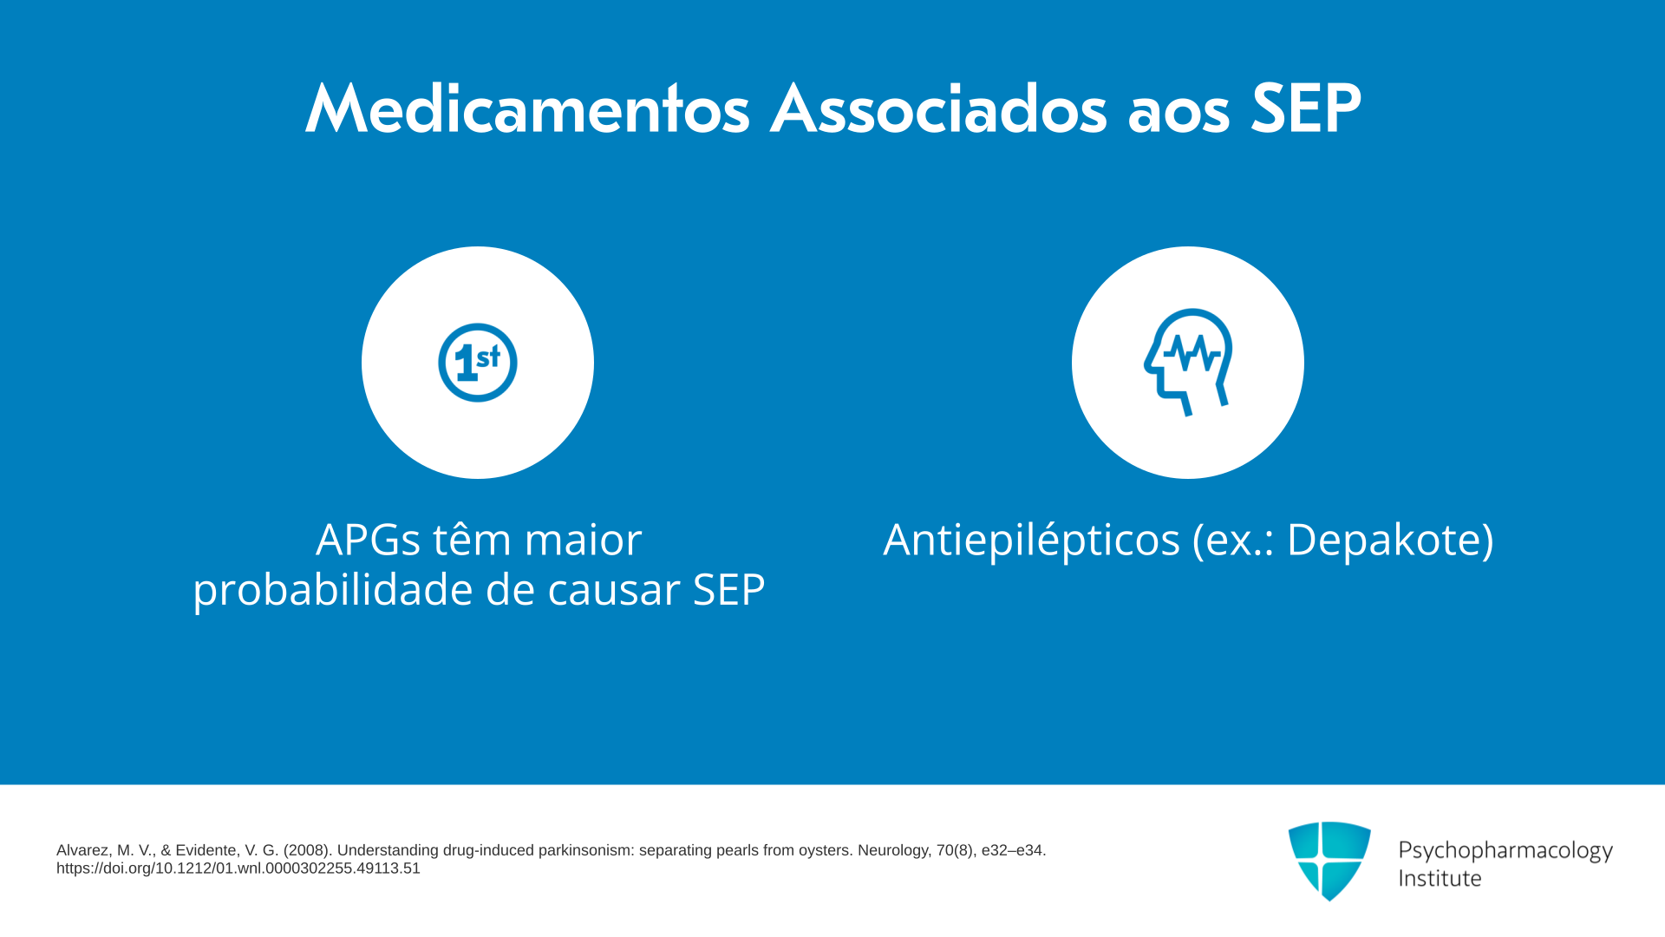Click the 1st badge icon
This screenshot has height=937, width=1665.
478,363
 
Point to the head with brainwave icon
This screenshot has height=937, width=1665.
1188,363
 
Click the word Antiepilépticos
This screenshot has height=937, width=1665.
1032,540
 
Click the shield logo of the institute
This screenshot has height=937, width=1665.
1329,861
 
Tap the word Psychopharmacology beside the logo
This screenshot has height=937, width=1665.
1505,850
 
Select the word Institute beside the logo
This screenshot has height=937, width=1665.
1440,878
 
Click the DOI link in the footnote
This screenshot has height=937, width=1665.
238,868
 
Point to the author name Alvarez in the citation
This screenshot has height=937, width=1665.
83,850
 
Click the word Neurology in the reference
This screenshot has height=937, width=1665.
894,851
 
